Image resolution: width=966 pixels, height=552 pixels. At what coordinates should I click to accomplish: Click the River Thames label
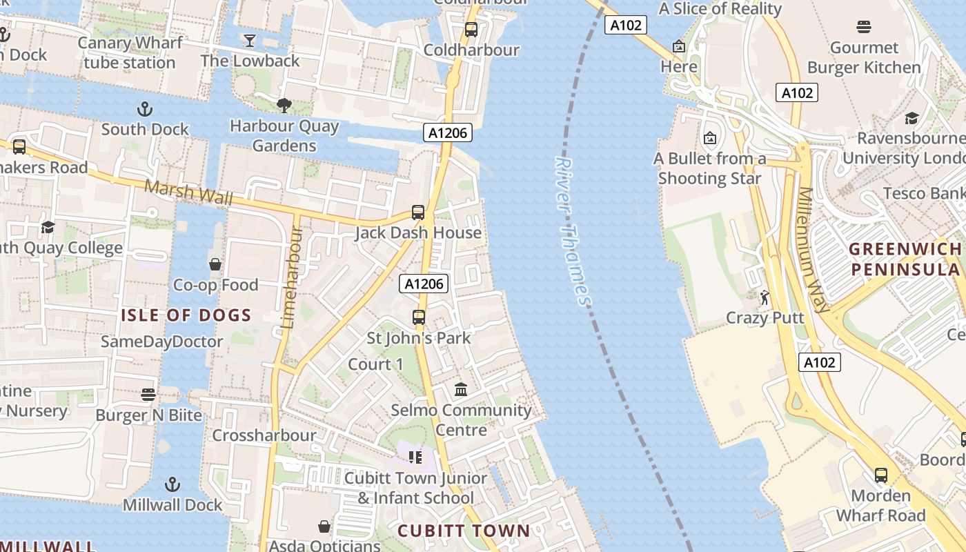click(573, 231)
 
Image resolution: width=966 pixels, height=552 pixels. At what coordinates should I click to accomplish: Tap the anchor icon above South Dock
click(144, 109)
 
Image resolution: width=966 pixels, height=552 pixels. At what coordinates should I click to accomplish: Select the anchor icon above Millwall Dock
click(172, 484)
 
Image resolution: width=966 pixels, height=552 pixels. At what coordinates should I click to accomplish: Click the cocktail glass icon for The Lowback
click(250, 41)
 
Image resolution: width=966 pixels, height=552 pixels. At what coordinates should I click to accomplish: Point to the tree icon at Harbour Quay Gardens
click(284, 106)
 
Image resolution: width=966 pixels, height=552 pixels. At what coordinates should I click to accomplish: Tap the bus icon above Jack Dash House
click(418, 213)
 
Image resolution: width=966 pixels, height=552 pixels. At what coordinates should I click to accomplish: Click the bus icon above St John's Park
click(419, 317)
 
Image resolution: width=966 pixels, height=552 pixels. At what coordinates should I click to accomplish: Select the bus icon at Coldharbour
click(471, 30)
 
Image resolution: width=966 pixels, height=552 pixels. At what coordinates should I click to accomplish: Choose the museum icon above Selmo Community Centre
click(461, 390)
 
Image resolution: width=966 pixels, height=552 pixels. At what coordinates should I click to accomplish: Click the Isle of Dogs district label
click(186, 316)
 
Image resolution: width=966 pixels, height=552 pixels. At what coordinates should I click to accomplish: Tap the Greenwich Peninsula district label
click(905, 259)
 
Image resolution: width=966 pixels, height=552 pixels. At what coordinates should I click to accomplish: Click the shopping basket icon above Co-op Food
click(215, 264)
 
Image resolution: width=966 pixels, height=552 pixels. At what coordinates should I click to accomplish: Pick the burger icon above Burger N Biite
click(148, 395)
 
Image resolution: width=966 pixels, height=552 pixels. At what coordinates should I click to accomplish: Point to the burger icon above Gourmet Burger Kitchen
click(864, 27)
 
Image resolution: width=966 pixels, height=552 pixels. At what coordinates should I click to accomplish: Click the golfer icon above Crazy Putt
click(765, 297)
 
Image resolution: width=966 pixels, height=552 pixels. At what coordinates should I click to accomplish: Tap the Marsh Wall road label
click(188, 193)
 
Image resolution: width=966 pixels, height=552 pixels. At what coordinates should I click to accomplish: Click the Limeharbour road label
click(291, 276)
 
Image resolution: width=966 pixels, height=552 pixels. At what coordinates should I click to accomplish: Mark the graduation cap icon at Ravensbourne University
click(911, 118)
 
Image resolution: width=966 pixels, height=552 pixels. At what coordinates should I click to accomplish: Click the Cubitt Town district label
click(464, 531)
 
